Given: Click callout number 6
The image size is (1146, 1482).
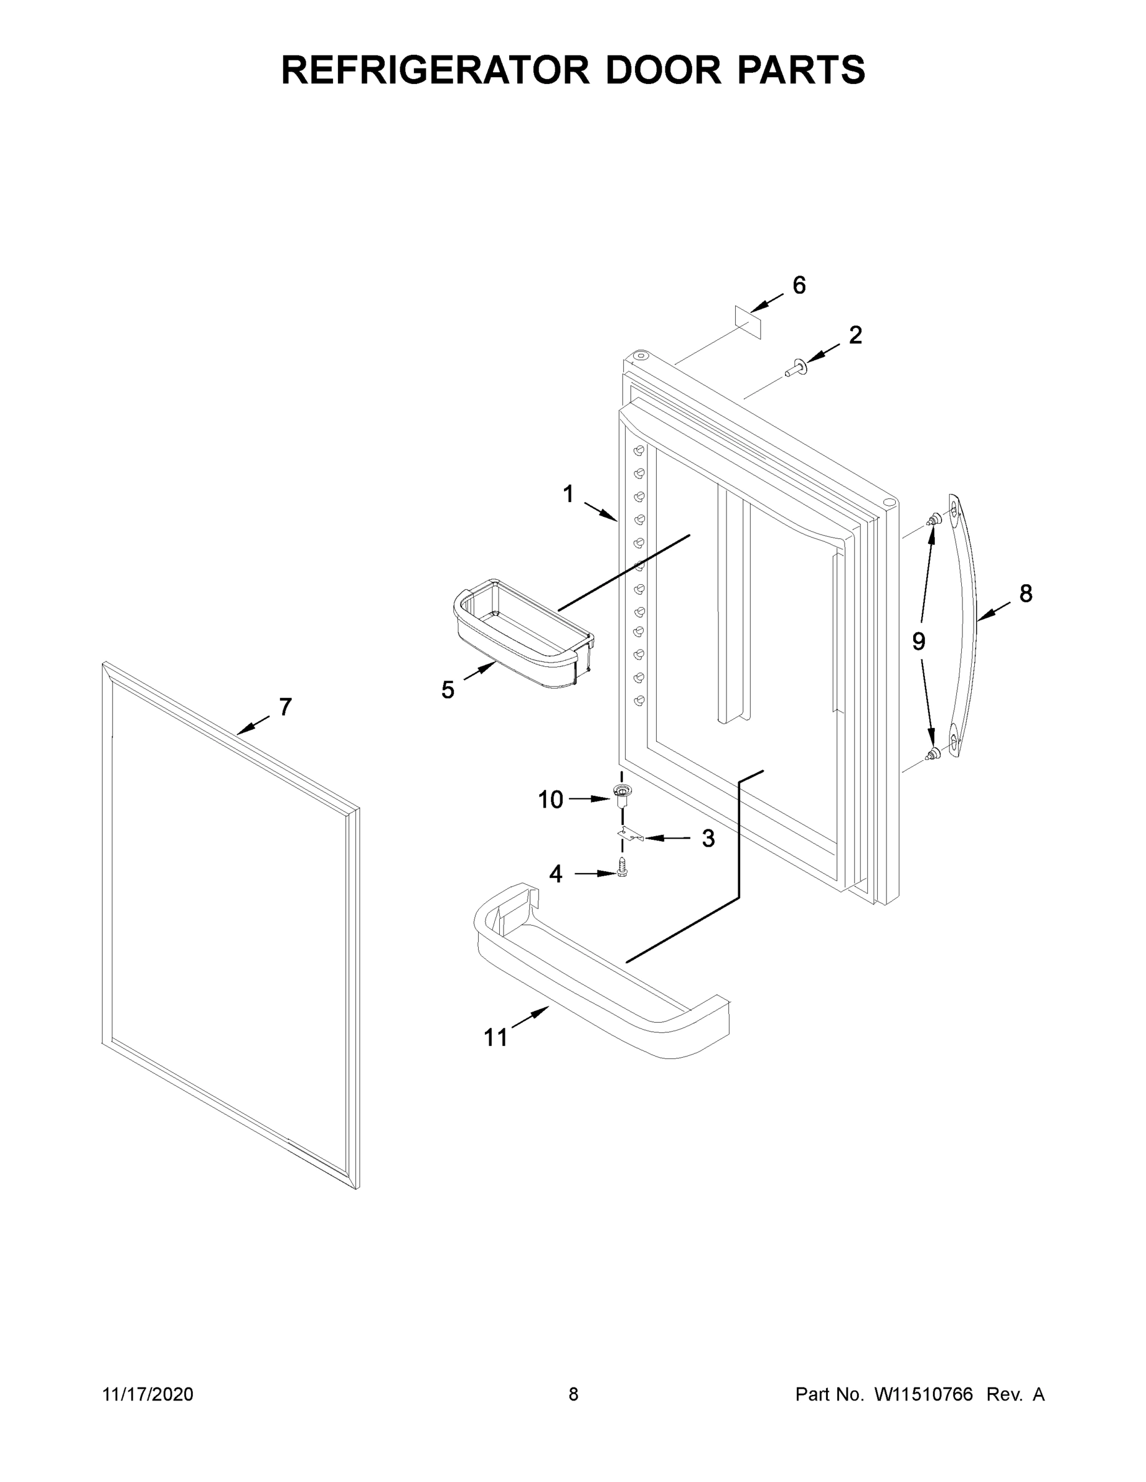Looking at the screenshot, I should [799, 286].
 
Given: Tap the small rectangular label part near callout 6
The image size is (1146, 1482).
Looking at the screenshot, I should [748, 322].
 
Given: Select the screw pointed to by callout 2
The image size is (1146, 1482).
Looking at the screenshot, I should [794, 369].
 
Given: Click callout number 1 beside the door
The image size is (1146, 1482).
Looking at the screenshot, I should [568, 494].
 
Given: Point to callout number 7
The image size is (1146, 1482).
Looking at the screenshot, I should [285, 707].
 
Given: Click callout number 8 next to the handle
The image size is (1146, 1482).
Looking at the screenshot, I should [1025, 594].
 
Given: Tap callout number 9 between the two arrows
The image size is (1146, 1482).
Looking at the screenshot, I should [918, 641].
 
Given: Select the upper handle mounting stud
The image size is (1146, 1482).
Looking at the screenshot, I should [934, 521].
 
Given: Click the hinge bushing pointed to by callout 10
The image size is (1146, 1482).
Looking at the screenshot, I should [620, 794].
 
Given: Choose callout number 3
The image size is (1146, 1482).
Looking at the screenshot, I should [708, 839].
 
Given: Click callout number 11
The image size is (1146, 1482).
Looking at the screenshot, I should [495, 1037].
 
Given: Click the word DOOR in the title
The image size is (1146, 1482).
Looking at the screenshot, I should [664, 70].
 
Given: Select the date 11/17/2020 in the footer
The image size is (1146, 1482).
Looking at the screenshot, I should [148, 1394].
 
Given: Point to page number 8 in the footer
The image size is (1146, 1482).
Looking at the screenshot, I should [573, 1394].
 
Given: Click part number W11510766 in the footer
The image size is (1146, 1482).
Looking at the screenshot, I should [924, 1394].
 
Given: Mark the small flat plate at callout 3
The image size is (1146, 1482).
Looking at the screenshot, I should [631, 835].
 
